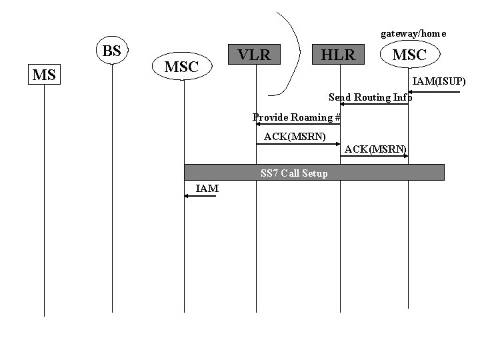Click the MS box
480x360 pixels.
pyautogui.click(x=44, y=75)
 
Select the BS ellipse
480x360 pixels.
pyautogui.click(x=112, y=51)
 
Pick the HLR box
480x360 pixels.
pyautogui.click(x=339, y=55)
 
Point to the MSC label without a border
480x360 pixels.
pyautogui.click(x=181, y=67)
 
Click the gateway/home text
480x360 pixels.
pyautogui.click(x=413, y=33)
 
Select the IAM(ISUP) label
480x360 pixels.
pyautogui.click(x=439, y=81)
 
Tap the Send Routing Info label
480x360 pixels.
pyautogui.click(x=371, y=97)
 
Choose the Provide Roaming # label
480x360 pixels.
pyautogui.click(x=297, y=117)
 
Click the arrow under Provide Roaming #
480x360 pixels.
pyautogui.click(x=298, y=124)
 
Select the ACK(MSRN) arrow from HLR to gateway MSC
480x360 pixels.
pyautogui.click(x=374, y=155)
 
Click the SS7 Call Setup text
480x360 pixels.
pyautogui.click(x=294, y=173)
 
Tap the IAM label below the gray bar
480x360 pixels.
pyautogui.click(x=207, y=189)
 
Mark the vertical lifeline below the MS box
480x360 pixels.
pyautogui.click(x=44, y=200)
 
